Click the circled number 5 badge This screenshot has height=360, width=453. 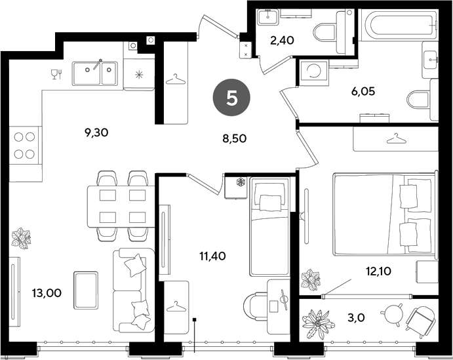tap(231, 98)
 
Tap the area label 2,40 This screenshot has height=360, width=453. tap(282, 41)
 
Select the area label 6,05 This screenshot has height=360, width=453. tap(363, 92)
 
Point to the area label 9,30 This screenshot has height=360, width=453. tap(96, 133)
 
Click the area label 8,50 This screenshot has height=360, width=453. tap(234, 138)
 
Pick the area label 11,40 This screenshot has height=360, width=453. tap(212, 256)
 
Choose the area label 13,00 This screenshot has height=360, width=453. tap(47, 293)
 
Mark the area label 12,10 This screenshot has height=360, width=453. tap(378, 271)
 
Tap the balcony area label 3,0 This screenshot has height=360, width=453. tap(356, 318)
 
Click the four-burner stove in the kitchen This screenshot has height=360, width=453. tap(26, 146)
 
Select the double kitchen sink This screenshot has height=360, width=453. tap(95, 73)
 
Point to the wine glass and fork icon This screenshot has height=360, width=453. tap(56, 74)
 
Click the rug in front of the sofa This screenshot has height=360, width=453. tap(85, 290)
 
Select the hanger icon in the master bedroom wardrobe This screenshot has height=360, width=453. tap(397, 138)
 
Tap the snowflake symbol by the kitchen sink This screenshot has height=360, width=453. tap(139, 75)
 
